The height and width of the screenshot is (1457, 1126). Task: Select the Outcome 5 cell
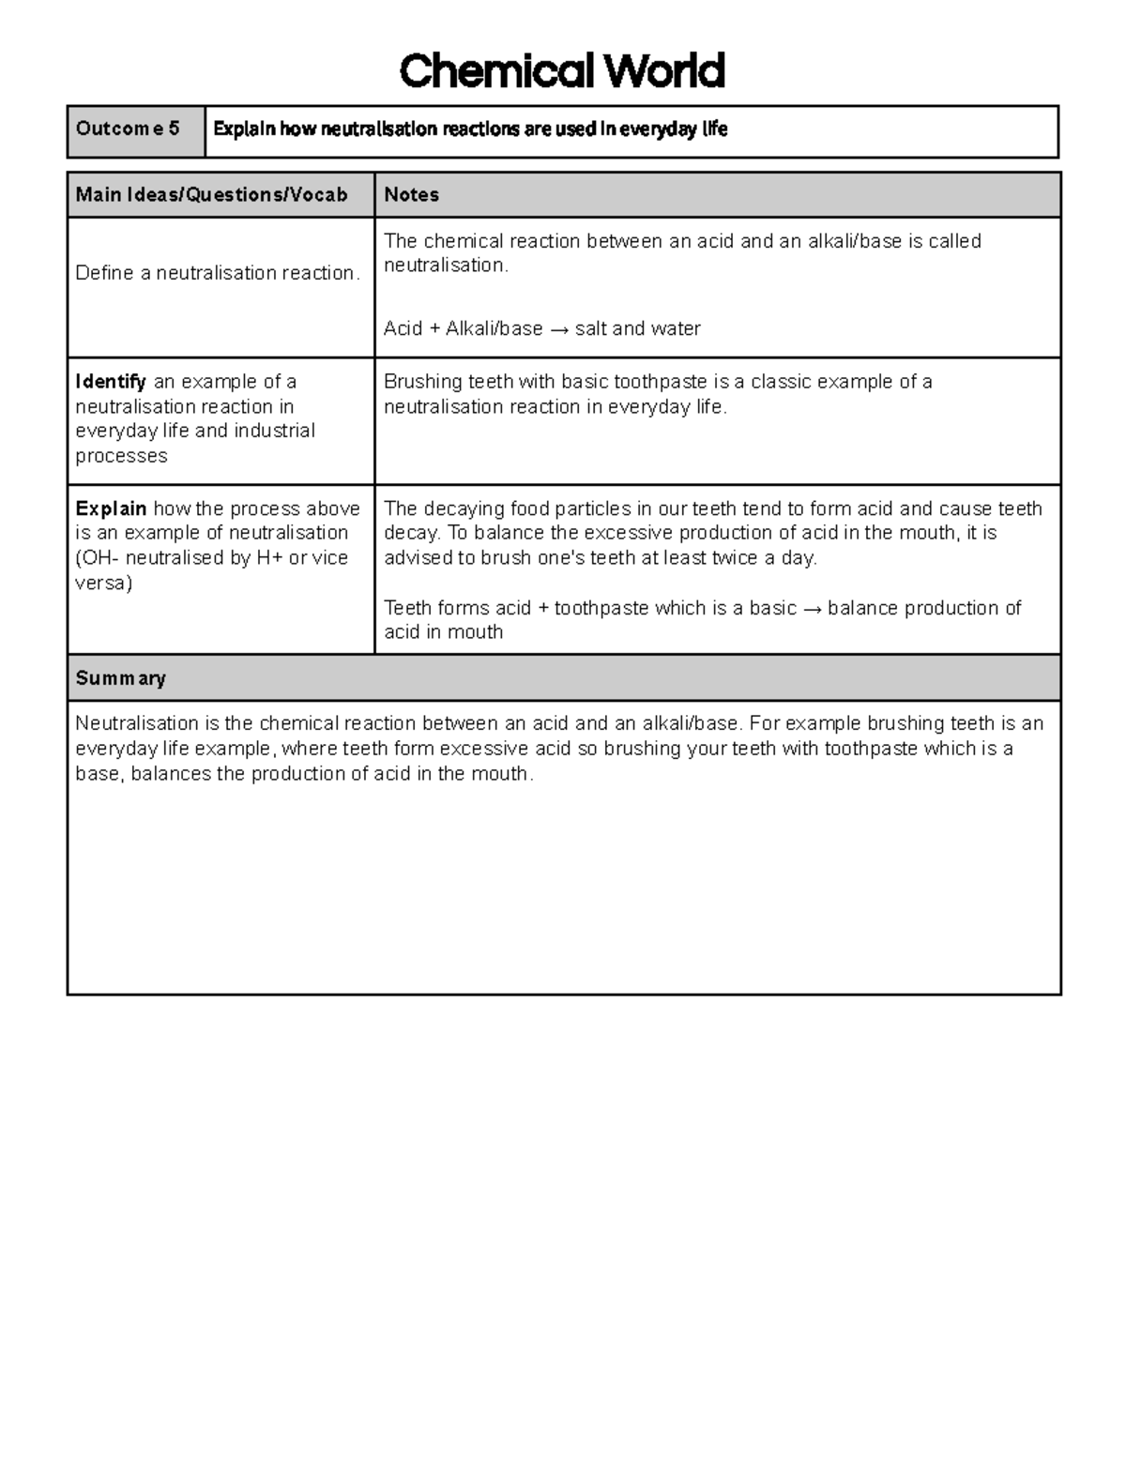[x=135, y=129]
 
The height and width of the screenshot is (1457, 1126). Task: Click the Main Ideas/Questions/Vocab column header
[x=211, y=195]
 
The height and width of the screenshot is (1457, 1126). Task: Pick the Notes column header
[x=411, y=195]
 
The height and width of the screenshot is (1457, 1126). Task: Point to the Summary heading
[x=120, y=678]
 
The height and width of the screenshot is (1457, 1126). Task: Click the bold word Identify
[x=111, y=382]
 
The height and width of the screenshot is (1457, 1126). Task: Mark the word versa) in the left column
[x=103, y=583]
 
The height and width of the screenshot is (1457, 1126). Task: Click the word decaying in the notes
[x=464, y=508]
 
